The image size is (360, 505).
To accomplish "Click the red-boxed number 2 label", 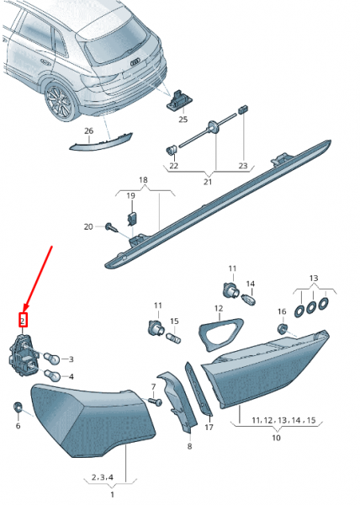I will pos(24,320).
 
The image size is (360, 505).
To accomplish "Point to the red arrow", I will pos(38,278).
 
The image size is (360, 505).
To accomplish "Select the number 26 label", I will pos(89,131).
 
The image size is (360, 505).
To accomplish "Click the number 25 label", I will pos(183,120).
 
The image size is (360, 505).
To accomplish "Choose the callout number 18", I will pos(142,181).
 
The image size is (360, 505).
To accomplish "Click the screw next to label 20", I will pos(111,226).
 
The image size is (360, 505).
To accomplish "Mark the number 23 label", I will pos(244,167).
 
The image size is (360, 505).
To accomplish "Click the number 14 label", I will pos(250,284).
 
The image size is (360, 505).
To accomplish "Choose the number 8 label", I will pos(189,447).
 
